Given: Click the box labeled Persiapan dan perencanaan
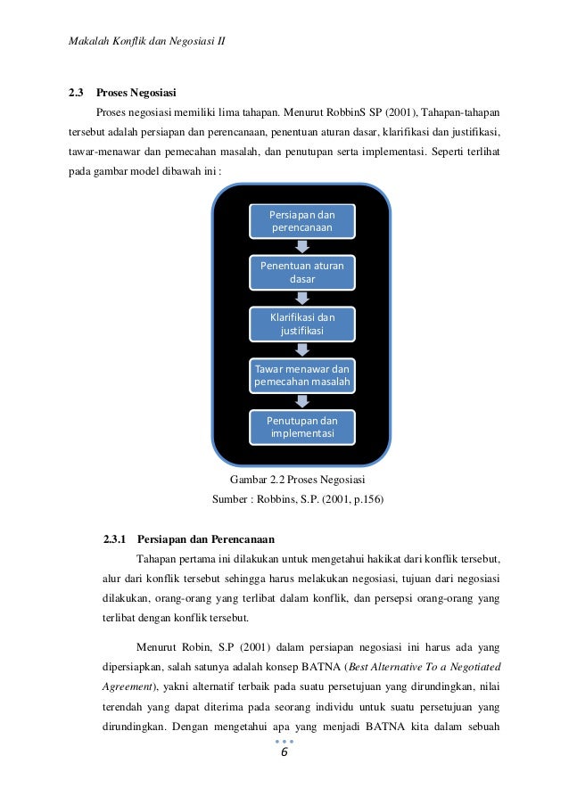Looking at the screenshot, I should [302, 221].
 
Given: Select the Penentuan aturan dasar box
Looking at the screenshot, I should [302, 273].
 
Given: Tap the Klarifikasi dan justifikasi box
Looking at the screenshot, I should [302, 324].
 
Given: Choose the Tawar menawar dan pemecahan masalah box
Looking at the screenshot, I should [302, 376].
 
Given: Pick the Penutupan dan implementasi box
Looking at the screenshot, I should [302, 427].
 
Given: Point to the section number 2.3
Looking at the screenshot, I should [77, 92].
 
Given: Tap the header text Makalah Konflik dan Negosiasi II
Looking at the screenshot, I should [147, 42].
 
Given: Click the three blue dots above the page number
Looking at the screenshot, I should [284, 741].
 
